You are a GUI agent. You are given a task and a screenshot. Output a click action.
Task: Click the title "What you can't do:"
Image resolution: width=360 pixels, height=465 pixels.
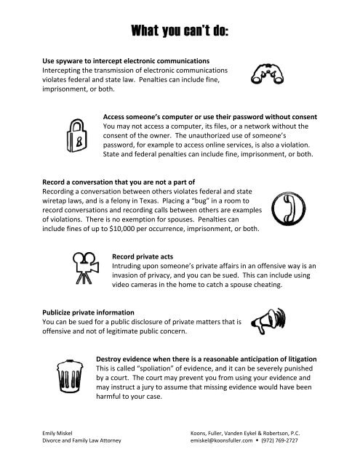(x=180, y=31)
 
